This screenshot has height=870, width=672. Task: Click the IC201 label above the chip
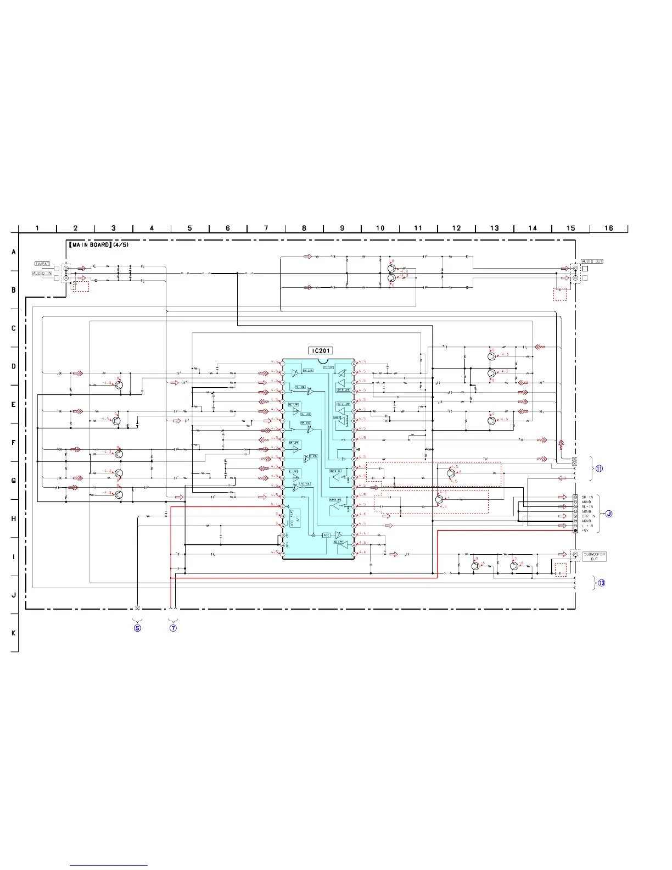coord(321,350)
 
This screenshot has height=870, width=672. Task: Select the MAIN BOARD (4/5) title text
coord(99,245)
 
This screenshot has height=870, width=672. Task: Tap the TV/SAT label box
coord(42,264)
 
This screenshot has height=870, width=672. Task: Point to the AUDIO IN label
coord(42,273)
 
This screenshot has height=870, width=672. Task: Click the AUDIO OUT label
coord(592,261)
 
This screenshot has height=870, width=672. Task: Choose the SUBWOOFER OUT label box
coord(595,556)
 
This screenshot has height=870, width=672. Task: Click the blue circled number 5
coord(137,628)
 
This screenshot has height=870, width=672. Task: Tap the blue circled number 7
coord(173,628)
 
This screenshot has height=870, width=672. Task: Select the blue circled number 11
coord(599,469)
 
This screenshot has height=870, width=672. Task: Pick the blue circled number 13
coord(602,583)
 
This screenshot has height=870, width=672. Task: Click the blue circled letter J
coord(608,514)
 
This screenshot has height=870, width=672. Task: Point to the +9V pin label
coord(586,531)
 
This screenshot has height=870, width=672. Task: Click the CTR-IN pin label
coord(589,516)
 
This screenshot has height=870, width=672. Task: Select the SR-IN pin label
coord(587,497)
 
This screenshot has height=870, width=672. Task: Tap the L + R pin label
coord(587,526)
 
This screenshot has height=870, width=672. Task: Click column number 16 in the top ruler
coord(609,228)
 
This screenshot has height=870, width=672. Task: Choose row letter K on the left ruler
coord(14,633)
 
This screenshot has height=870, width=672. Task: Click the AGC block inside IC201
coord(326,535)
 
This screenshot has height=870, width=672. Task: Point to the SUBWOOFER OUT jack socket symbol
coord(575,555)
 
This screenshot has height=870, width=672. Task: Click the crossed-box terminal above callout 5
coord(137,608)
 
